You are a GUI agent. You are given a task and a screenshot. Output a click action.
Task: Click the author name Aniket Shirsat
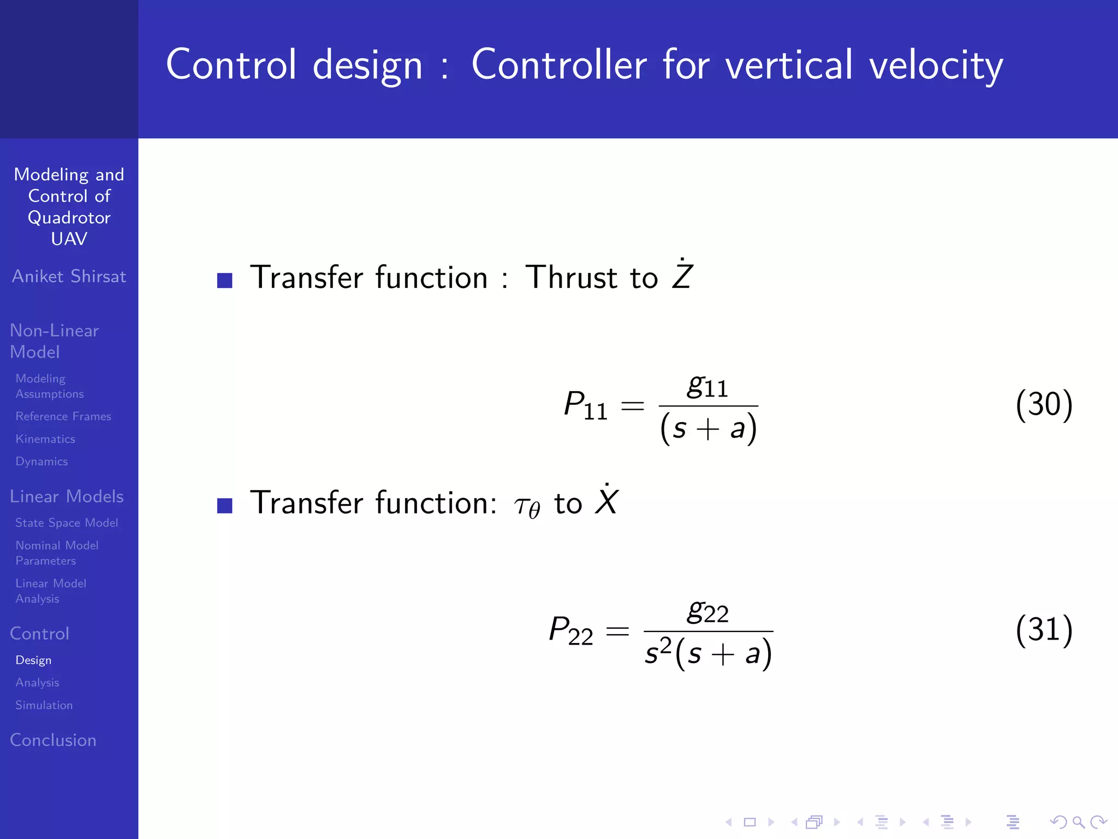[69, 276]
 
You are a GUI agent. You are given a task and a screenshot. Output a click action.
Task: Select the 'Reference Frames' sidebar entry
[63, 416]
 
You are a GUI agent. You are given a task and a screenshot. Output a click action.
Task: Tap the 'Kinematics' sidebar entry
[45, 439]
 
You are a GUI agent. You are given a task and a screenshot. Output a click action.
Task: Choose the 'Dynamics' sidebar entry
[41, 462]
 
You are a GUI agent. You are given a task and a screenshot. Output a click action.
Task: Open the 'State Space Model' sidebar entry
[67, 523]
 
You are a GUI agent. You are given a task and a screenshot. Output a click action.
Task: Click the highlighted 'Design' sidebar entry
[33, 660]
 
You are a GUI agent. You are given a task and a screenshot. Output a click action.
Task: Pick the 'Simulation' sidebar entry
[44, 705]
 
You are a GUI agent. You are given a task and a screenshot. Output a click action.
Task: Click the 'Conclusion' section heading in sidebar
[53, 740]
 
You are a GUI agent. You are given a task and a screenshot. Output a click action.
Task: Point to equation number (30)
[1044, 405]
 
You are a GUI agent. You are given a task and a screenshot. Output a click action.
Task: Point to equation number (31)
[1044, 630]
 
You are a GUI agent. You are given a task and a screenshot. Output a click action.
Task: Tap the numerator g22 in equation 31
[707, 612]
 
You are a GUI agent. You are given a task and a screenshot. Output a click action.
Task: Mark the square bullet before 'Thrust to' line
[224, 280]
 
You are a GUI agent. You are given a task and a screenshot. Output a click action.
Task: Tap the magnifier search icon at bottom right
[1078, 822]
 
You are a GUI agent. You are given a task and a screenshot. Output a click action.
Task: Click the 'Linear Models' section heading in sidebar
[67, 497]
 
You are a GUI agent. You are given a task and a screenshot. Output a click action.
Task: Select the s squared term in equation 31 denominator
[657, 651]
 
